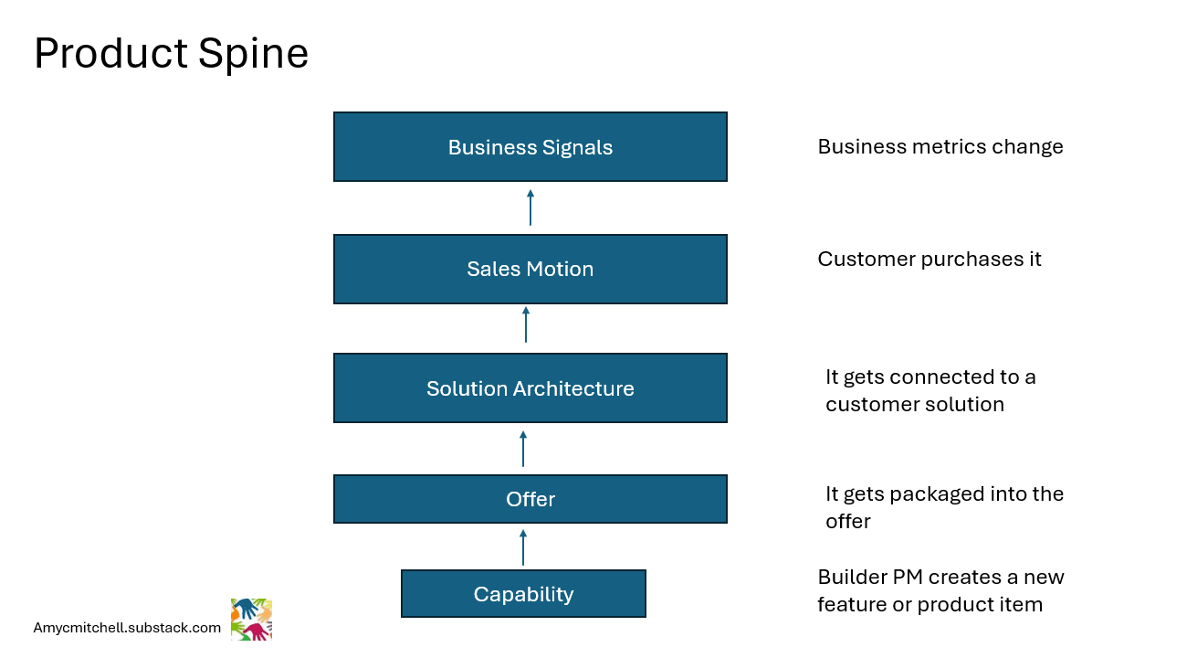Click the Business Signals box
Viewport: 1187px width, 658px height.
(x=530, y=147)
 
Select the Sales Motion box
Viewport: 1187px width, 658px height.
(x=530, y=269)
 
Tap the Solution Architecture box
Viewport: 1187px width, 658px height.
(x=530, y=388)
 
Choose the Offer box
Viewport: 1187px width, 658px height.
(x=530, y=499)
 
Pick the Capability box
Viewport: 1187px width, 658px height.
(x=523, y=594)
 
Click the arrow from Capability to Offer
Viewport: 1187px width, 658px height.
(x=523, y=547)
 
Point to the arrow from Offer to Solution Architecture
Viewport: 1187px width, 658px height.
(x=523, y=449)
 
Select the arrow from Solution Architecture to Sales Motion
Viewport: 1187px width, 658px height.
(x=526, y=324)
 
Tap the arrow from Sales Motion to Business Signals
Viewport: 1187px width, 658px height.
(x=530, y=207)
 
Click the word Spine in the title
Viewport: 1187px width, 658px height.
(x=253, y=54)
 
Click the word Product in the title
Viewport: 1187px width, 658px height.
(x=110, y=53)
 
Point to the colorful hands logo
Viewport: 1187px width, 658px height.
(x=251, y=620)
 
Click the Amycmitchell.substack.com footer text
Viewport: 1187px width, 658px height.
(x=127, y=628)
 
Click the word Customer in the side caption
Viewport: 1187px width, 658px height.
(x=867, y=260)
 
